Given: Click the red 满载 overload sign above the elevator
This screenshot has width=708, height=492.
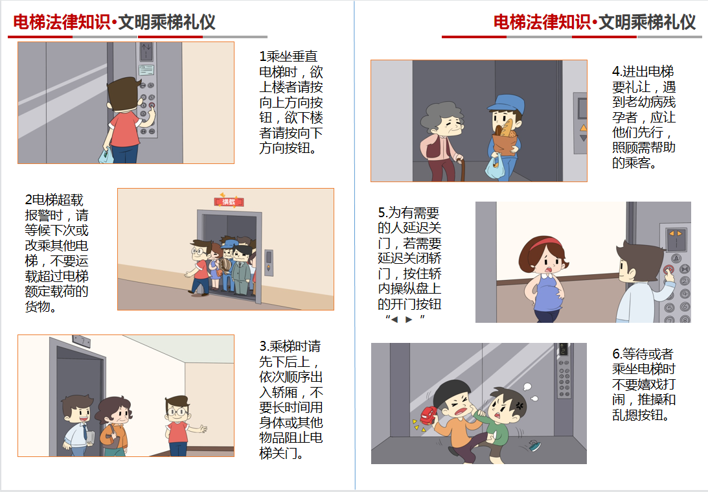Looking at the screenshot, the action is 229,202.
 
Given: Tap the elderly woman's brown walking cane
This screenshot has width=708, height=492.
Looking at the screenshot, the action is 461,170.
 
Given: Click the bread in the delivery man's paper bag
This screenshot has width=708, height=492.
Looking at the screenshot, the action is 507,127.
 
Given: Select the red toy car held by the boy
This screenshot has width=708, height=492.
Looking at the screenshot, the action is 429,416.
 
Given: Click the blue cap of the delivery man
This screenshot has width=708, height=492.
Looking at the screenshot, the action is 507,104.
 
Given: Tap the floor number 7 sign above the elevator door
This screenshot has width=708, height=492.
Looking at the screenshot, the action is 81,341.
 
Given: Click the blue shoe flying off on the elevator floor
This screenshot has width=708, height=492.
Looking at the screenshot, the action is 535,446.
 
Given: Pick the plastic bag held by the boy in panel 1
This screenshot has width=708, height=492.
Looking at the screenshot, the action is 106,155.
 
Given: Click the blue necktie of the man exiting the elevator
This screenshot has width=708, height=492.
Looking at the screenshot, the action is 84,432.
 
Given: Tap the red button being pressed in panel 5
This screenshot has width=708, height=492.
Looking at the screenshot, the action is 668,270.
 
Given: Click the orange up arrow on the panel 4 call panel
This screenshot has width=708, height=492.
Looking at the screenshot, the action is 584,128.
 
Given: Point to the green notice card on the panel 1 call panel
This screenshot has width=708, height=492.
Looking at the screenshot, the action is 146,70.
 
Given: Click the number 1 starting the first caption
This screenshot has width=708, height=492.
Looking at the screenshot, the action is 262,56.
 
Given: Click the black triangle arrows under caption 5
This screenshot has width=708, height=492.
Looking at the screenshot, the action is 402,320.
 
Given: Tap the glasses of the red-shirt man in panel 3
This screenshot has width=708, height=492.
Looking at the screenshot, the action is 177,412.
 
